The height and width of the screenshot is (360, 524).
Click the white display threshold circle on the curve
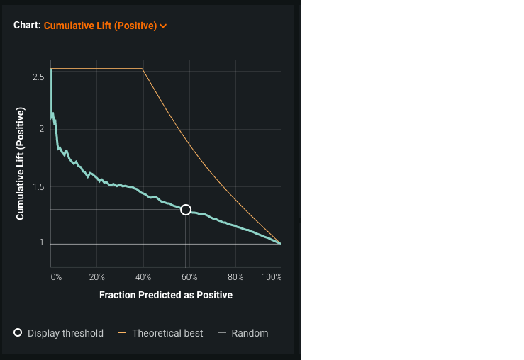[186, 209]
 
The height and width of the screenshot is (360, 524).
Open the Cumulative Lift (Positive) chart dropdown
[100, 26]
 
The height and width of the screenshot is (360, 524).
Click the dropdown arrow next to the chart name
[164, 26]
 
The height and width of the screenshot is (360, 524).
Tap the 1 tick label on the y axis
[42, 242]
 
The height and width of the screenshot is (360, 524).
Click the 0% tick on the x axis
[56, 277]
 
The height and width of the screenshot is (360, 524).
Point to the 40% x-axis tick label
[143, 277]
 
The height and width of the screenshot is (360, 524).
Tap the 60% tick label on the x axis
[189, 277]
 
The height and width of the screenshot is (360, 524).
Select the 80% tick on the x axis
[235, 277]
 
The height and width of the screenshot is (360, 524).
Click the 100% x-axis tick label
[272, 277]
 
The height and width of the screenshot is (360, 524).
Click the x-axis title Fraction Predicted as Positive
[166, 295]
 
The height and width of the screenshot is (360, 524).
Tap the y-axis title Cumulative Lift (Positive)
[21, 164]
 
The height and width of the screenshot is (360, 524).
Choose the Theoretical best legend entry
[167, 333]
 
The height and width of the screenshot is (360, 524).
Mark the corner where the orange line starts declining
[143, 69]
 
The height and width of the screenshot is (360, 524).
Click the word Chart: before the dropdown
[27, 26]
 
